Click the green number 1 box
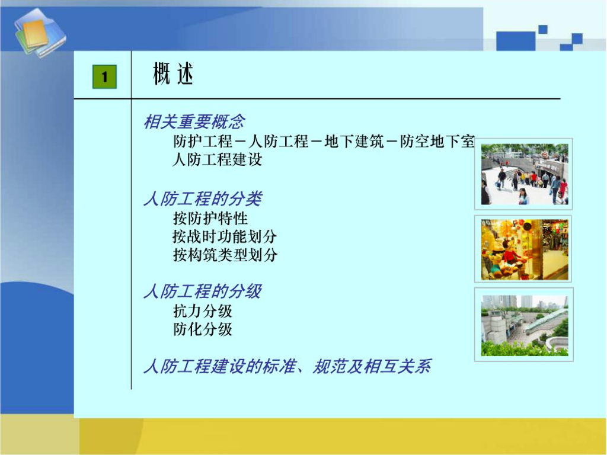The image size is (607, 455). tap(104, 76)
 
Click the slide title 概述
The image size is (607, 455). tap(173, 73)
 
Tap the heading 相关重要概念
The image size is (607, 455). tap(194, 122)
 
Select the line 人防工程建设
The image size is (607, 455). tap(218, 159)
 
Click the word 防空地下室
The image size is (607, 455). tap(437, 142)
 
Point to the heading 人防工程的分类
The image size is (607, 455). tap(203, 199)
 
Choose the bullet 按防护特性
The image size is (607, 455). tap(210, 219)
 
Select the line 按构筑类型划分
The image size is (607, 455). tap(225, 255)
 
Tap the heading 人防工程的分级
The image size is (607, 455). tap(203, 291)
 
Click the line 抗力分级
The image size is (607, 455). tap(203, 311)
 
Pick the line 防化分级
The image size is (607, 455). tap(203, 329)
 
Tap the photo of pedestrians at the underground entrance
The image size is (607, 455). tap(524, 174)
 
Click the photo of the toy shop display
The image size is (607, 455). tap(524, 249)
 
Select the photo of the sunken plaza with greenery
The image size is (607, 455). tap(524, 325)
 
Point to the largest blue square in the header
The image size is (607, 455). tap(516, 41)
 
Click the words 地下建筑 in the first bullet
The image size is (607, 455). tap(354, 142)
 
